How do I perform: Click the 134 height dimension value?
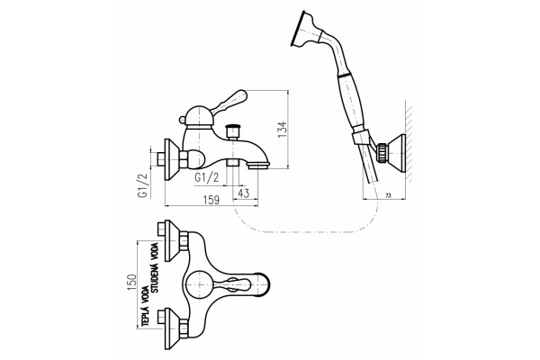click(283, 130)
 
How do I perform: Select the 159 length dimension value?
click(211, 200)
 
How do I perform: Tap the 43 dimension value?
click(244, 193)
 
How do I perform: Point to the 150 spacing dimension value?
click(132, 282)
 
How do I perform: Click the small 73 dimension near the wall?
click(388, 195)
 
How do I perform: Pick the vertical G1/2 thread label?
click(142, 185)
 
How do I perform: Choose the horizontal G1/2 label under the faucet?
click(207, 177)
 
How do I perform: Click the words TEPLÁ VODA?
click(145, 306)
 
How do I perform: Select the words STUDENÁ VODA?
click(155, 268)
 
